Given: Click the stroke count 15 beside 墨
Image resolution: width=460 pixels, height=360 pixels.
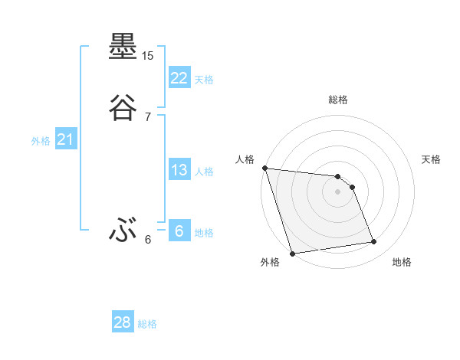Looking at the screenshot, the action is (148, 56).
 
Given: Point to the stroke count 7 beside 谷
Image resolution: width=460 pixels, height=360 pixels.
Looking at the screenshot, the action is (148, 116).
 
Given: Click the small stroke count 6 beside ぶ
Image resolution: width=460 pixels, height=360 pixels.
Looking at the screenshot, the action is (148, 239).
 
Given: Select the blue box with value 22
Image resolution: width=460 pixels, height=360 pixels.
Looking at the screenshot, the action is (179, 78).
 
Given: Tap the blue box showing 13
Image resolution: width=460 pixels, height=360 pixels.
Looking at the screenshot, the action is (179, 170).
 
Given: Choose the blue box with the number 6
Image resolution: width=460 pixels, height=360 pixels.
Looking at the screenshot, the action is (179, 231).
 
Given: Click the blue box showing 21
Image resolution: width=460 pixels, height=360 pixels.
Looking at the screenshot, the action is (65, 139).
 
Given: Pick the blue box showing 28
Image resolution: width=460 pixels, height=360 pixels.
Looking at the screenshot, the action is (123, 322).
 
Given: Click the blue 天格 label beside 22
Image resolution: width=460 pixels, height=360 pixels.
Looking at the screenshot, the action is (204, 80).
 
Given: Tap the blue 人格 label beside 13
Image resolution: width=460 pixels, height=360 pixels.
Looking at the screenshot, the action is (204, 172).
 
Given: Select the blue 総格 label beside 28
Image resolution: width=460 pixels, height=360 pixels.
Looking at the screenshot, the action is (148, 324).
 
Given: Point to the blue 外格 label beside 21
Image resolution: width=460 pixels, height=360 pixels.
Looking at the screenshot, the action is (41, 141).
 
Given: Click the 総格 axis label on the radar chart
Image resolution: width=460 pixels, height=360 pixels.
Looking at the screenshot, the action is (338, 100).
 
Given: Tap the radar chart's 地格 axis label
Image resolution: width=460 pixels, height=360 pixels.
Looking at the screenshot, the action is (402, 262).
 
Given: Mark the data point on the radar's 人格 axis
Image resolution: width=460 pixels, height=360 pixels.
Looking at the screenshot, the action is (264, 168).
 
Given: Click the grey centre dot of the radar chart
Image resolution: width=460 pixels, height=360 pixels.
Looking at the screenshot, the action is (338, 191).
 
